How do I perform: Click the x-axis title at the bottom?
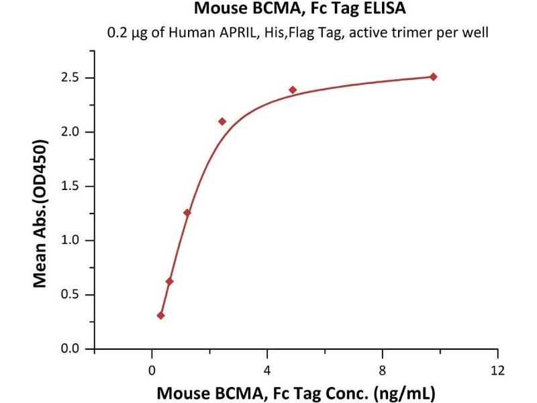[x=296, y=391]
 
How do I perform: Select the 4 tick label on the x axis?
[x=267, y=370]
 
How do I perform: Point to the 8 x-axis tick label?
[x=383, y=370]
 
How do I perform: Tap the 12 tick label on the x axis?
[x=497, y=370]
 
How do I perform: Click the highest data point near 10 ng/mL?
[x=434, y=77]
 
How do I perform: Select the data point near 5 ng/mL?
[x=293, y=90]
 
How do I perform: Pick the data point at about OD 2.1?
[x=222, y=122]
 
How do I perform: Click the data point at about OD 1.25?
[x=187, y=213]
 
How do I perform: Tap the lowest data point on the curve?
[x=161, y=315]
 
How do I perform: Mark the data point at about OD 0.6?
[x=170, y=281]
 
